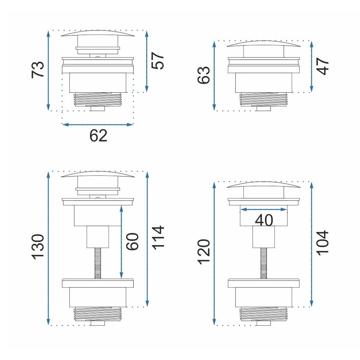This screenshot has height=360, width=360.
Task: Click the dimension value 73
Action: click(x=38, y=70)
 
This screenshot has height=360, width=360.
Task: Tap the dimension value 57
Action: click(x=158, y=61)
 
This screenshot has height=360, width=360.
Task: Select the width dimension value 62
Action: click(x=98, y=136)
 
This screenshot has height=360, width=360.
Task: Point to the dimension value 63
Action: click(x=204, y=75)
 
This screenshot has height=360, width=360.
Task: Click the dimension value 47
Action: click(x=323, y=66)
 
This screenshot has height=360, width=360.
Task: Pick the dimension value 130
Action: click(x=38, y=247)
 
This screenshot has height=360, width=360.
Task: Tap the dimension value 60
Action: click(x=132, y=242)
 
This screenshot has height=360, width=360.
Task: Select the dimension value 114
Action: click(x=158, y=238)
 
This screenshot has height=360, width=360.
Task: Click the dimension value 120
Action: click(x=204, y=252)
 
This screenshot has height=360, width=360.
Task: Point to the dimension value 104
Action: click(x=323, y=243)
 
